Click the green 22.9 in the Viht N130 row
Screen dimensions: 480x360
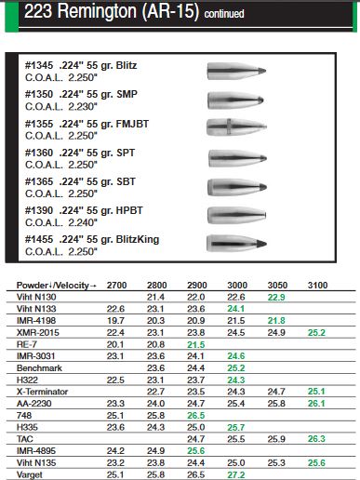pyautogui.click(x=276, y=296)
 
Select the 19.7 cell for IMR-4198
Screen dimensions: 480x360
pyautogui.click(x=116, y=320)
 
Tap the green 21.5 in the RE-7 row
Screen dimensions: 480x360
pyautogui.click(x=196, y=344)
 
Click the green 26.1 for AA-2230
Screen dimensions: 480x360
pyautogui.click(x=316, y=404)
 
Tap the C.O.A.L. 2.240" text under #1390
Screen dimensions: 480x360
pyautogui.click(x=64, y=221)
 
